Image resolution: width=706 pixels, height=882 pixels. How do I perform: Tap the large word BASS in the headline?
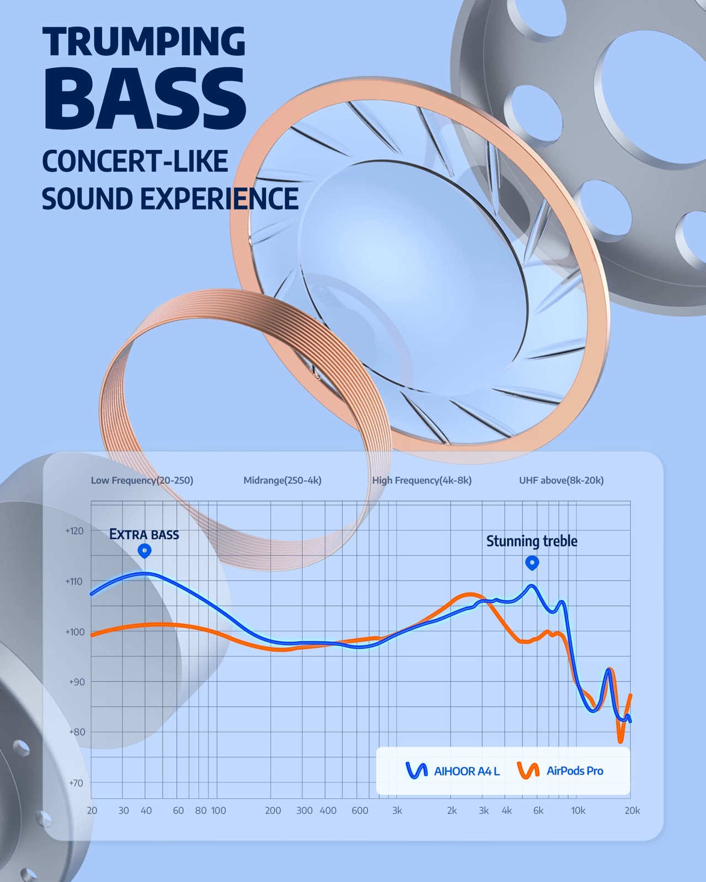coord(145,99)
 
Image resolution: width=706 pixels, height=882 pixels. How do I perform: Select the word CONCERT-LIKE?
coord(135,161)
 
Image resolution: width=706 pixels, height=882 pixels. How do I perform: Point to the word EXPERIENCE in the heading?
coord(220,199)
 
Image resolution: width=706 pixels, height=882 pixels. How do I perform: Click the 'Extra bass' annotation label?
coord(144,535)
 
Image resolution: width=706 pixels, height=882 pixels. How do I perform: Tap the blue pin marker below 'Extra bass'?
coord(145,551)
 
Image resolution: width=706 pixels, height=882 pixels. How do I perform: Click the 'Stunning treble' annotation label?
coord(532,541)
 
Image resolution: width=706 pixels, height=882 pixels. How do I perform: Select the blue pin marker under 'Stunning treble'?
coord(532,563)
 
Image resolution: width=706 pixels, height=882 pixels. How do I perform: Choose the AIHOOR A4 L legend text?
coord(467,771)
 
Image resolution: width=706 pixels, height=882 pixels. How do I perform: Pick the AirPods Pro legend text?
coord(575,771)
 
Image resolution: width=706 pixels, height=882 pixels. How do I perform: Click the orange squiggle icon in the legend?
coord(528,771)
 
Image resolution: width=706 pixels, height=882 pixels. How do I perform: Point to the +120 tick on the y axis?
coord(74,531)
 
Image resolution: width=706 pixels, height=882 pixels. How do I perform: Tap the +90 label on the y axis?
coord(76,681)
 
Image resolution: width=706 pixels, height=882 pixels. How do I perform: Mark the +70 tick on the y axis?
coord(76,783)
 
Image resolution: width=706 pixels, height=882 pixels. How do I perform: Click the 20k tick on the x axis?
coord(632,810)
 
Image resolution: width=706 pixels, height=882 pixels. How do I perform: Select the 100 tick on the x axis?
coord(218,810)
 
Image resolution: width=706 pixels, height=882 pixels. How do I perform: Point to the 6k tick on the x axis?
coord(538,810)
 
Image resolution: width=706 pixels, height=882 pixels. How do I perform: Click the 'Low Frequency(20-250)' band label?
coord(142,480)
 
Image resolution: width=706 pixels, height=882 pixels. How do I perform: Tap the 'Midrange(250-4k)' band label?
coord(282,480)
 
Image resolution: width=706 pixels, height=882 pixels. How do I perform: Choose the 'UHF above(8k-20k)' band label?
coord(561,480)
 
